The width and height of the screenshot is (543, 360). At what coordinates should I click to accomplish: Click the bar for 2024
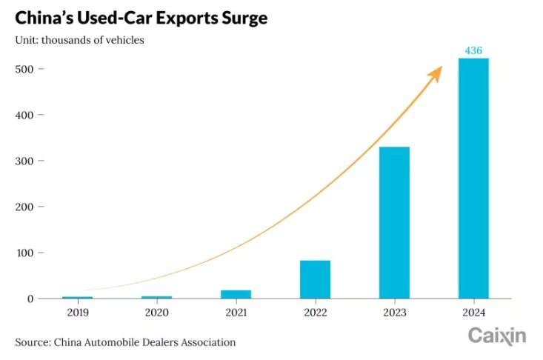point(473,178)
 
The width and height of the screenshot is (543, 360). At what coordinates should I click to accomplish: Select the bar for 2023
point(394,222)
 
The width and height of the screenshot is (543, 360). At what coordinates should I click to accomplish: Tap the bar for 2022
point(315,279)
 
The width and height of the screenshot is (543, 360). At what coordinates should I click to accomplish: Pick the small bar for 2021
point(236,294)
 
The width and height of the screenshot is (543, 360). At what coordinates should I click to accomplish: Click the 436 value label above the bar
point(473,50)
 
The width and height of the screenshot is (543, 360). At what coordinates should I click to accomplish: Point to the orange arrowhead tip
point(442,67)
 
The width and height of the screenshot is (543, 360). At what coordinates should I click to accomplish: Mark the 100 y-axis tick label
point(25,253)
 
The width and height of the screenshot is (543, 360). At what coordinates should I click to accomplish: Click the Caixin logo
point(496,336)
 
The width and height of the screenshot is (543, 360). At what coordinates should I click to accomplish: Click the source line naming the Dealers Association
point(125,342)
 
